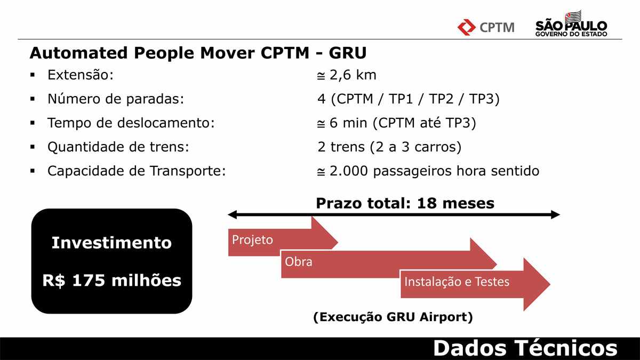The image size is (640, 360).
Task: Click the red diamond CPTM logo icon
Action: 466,27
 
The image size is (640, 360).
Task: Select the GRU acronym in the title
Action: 347,53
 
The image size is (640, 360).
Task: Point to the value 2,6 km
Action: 353,75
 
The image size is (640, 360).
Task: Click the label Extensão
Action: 81,75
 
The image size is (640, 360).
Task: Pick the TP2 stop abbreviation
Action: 441,99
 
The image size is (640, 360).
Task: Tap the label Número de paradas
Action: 116,99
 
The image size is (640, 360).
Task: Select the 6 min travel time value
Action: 348,123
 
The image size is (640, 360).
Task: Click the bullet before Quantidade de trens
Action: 33,147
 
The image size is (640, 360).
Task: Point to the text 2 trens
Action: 341,147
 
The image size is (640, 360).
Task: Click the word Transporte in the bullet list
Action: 188,171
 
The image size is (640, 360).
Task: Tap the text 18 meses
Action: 455,203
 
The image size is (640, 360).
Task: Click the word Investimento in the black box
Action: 111,243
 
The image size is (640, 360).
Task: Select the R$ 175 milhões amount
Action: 111,281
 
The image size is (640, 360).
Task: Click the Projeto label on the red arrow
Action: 252,240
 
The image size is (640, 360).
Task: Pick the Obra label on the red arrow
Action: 299,262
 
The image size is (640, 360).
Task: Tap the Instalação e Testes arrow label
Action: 457,282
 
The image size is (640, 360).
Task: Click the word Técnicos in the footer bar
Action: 566,348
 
